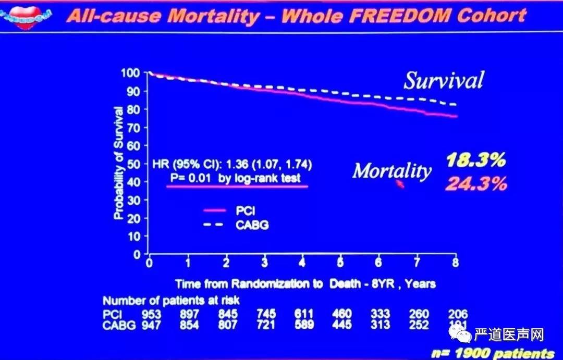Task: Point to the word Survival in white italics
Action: click(444, 80)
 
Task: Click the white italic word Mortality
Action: click(392, 171)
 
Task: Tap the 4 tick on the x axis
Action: click(303, 263)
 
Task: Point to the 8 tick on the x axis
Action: click(455, 263)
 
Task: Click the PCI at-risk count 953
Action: click(152, 314)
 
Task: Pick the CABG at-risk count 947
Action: click(152, 325)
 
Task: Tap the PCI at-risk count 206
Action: click(458, 314)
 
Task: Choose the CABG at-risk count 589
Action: click(304, 325)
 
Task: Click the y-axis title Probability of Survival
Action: click(118, 163)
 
